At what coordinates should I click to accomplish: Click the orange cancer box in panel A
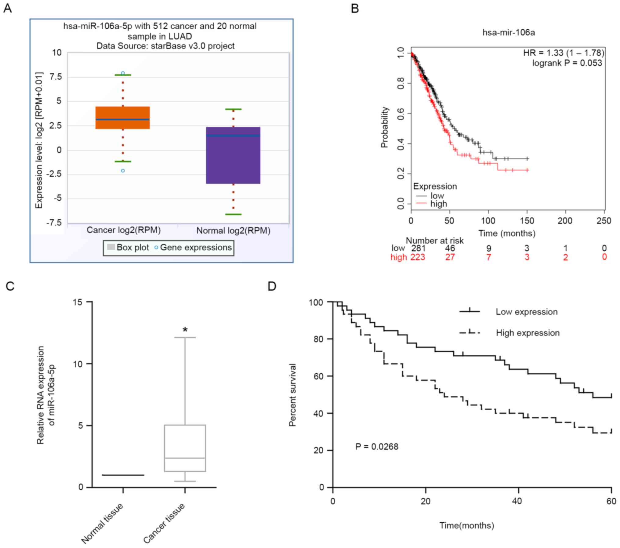click(x=122, y=118)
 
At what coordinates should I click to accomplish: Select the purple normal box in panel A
click(x=233, y=155)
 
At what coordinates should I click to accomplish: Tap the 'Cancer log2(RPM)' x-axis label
click(x=124, y=230)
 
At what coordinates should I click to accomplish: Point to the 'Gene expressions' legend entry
click(x=196, y=247)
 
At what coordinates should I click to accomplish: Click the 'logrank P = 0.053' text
click(x=567, y=63)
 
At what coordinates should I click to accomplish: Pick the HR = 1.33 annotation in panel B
click(x=563, y=53)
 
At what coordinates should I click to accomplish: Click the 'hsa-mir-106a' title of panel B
click(x=509, y=32)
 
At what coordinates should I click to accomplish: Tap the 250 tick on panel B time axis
click(x=604, y=221)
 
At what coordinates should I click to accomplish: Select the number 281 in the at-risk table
click(x=418, y=248)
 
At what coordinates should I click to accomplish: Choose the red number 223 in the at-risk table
click(x=418, y=257)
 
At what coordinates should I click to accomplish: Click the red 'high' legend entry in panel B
click(x=438, y=204)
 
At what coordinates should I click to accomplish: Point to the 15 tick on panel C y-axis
click(x=78, y=302)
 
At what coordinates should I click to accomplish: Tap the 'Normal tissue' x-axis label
click(x=102, y=523)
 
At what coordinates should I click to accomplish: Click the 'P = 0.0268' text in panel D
click(x=377, y=447)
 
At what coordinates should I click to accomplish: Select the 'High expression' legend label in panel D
click(x=528, y=333)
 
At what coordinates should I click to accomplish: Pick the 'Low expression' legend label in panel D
click(x=527, y=312)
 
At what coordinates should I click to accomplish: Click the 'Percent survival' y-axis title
click(x=292, y=395)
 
